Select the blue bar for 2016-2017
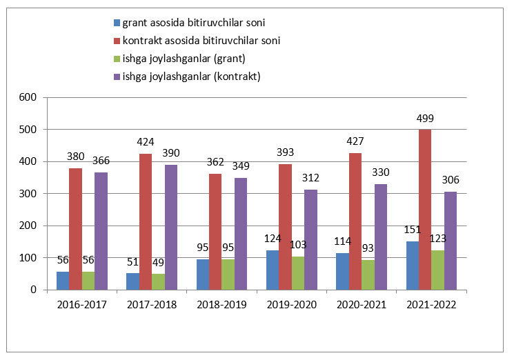pyautogui.click(x=63, y=281)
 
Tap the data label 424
pyautogui.click(x=145, y=144)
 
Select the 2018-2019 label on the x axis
pyautogui.click(x=221, y=303)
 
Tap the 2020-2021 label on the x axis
pyautogui.click(x=361, y=303)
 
